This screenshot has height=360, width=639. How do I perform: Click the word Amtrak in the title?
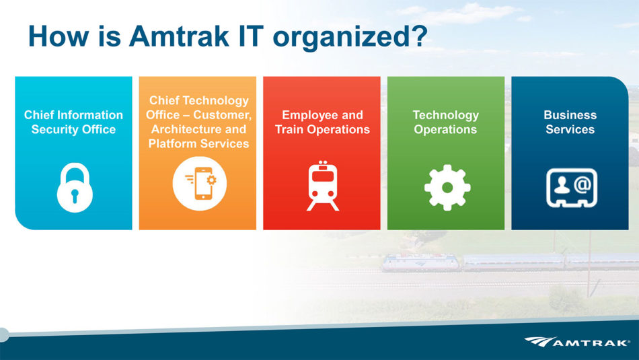point(179,36)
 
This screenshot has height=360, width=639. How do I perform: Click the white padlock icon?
point(75,188)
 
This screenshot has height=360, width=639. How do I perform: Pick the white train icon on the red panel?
point(323,186)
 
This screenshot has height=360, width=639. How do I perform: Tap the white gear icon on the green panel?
point(447,188)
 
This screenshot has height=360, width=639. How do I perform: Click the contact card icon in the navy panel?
point(572,188)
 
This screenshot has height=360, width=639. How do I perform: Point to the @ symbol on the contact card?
point(582,184)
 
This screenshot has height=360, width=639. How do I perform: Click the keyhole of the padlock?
point(75,195)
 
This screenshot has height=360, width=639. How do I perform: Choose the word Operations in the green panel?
point(445,130)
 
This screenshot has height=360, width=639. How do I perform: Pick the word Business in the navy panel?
point(570,115)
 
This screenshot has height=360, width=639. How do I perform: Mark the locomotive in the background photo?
point(420,262)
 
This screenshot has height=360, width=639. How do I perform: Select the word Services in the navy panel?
point(570,130)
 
